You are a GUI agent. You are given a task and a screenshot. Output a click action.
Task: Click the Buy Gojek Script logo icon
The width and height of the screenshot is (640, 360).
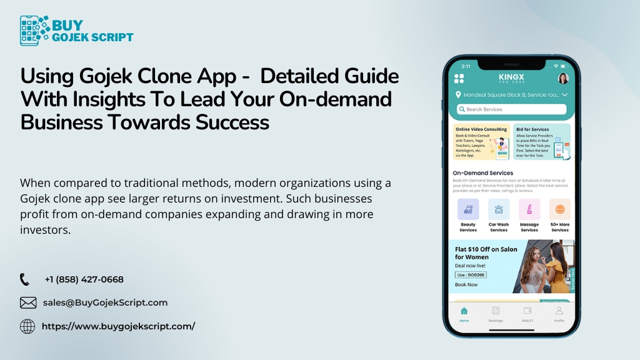tap(35, 31)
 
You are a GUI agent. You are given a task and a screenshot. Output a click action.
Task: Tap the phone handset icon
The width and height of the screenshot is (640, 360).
tap(25, 279)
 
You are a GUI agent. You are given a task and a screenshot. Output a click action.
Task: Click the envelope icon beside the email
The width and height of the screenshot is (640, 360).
tap(28, 302)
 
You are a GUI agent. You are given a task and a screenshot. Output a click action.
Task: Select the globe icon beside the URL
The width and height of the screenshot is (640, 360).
tap(27, 326)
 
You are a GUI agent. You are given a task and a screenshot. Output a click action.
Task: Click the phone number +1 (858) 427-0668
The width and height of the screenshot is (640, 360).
tap(84, 279)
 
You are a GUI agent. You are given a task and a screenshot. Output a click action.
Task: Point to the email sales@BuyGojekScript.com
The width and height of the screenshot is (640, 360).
tap(105, 302)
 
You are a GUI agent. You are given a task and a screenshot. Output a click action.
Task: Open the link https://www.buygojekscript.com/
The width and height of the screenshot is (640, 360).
tap(118, 326)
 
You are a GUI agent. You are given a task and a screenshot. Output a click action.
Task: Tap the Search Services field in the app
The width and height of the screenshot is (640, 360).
tap(511, 109)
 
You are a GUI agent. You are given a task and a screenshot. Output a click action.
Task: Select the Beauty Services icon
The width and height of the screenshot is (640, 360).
tap(468, 209)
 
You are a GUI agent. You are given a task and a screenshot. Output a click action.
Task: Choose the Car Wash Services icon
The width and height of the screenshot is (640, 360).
tap(499, 209)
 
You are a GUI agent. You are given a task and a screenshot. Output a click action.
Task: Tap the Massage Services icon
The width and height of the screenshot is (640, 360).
tap(529, 209)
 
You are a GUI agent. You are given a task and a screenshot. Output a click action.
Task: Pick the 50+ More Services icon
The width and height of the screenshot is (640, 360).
tap(559, 209)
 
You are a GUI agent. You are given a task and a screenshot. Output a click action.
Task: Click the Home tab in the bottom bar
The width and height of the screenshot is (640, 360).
tap(464, 313)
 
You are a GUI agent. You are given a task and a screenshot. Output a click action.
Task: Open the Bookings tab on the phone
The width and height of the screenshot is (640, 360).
tap(496, 313)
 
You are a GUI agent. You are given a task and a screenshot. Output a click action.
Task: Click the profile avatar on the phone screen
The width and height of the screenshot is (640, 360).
tap(562, 79)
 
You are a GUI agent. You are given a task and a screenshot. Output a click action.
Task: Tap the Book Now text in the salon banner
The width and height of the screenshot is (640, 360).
tap(466, 284)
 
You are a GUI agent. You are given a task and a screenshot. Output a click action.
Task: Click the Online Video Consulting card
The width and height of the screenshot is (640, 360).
tap(481, 141)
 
